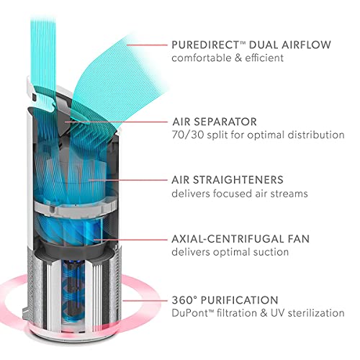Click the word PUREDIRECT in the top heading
click(x=205, y=45)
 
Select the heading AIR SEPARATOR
click(x=215, y=122)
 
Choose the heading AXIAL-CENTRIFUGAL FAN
click(x=240, y=239)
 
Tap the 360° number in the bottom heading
click(x=184, y=300)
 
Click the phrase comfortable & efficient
click(x=228, y=58)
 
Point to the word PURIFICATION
click(x=239, y=300)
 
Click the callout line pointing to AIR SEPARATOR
click(x=116, y=122)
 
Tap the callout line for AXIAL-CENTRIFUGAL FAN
click(x=130, y=239)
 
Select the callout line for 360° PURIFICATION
click(x=145, y=300)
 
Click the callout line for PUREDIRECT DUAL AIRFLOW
click(x=147, y=45)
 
